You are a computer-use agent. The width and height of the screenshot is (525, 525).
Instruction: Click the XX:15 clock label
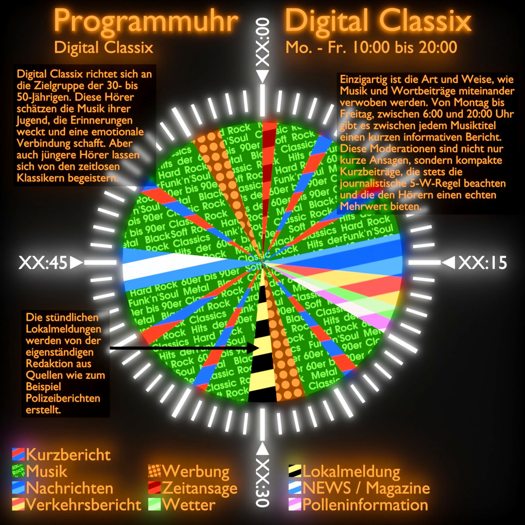[x=482, y=263]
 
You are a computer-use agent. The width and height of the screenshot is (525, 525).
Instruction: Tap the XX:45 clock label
[x=43, y=263]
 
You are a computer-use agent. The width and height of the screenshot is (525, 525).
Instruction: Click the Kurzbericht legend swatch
[x=18, y=455]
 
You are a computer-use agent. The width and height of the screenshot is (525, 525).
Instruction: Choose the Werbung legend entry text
[x=196, y=472]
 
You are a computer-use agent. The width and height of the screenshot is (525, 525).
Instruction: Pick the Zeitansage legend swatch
[x=155, y=488]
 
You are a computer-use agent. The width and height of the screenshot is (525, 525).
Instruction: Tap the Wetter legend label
[x=189, y=504]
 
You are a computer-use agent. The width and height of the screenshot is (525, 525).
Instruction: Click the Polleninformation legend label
[x=365, y=504]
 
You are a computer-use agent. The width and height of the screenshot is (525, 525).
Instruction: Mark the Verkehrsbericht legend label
[x=84, y=504]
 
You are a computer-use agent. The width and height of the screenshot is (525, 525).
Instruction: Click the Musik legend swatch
[x=18, y=472]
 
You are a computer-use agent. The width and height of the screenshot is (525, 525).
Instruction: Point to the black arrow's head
[x=254, y=348]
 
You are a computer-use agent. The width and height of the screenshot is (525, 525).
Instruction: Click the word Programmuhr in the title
[x=146, y=21]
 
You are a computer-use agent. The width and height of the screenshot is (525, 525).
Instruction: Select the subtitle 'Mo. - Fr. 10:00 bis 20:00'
[x=371, y=47]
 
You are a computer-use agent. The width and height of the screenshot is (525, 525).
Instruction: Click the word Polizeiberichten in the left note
[x=63, y=398]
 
